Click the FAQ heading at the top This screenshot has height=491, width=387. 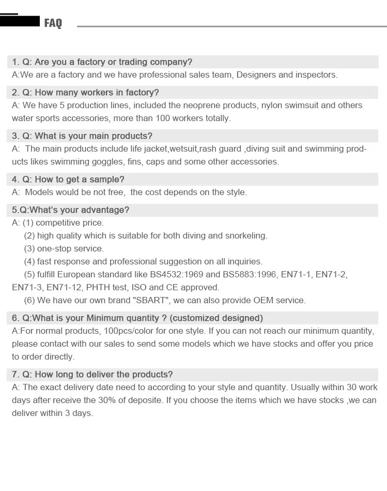[x=53, y=23]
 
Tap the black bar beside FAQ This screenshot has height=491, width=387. [x=20, y=21]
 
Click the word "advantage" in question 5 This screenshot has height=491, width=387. [x=104, y=210]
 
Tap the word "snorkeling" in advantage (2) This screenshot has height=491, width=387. [x=245, y=236]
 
